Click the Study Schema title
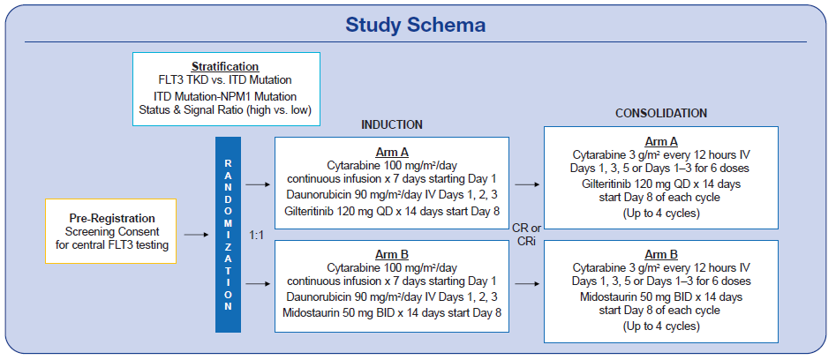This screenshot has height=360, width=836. tap(415, 25)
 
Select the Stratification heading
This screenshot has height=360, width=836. tap(226, 67)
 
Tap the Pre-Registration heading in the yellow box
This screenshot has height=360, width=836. tap(112, 218)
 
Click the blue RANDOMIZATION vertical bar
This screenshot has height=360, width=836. tap(228, 235)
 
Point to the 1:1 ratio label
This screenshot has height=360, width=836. tap(257, 235)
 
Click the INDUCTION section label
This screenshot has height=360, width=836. tap(392, 124)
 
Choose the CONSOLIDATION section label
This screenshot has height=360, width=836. tap(661, 114)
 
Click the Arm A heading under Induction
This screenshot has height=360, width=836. tap(392, 151)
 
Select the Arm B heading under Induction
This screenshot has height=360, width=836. tap(392, 254)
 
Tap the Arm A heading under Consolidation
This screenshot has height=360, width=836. tap(661, 142)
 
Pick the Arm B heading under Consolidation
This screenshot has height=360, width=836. tap(661, 254)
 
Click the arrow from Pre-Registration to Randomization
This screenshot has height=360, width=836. tap(196, 235)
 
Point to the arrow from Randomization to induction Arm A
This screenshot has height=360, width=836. tap(258, 184)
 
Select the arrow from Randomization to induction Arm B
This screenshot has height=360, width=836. tap(258, 284)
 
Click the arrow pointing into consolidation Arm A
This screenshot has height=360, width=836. tap(528, 184)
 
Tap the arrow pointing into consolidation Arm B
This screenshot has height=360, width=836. tap(528, 284)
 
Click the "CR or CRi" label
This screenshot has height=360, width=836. tap(526, 235)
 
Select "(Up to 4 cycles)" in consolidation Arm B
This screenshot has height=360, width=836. tap(661, 326)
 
